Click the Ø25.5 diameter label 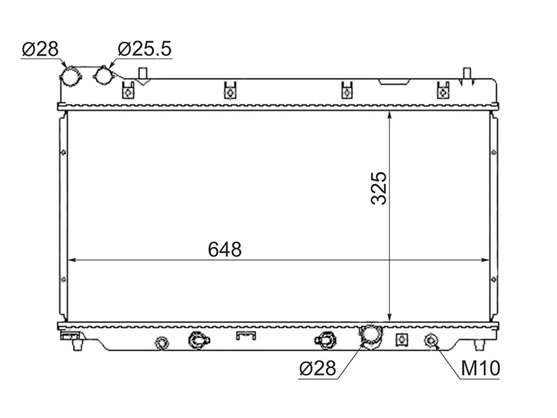(x=145, y=49)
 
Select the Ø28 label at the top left (x=40, y=49)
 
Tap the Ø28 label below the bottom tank (x=317, y=368)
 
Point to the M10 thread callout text (x=480, y=369)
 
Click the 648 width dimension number (x=224, y=249)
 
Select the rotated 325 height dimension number (x=378, y=188)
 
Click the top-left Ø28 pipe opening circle (x=70, y=76)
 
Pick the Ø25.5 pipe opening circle (x=103, y=75)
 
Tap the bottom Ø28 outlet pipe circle (x=370, y=334)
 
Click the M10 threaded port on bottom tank (x=431, y=341)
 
